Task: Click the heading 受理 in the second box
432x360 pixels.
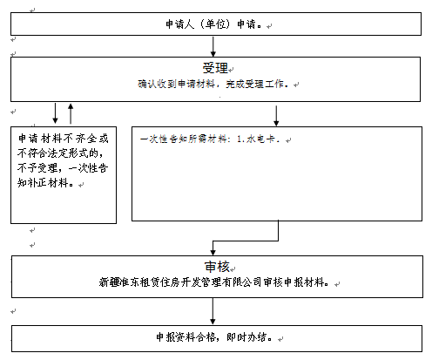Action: [215, 68]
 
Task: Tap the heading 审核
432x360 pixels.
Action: [217, 267]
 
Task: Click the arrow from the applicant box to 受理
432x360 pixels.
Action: [213, 46]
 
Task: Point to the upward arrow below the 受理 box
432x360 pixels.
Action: [71, 113]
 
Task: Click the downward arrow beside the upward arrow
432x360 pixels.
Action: [55, 113]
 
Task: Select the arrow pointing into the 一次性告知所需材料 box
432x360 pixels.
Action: [276, 116]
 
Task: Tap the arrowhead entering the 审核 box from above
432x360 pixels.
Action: [213, 252]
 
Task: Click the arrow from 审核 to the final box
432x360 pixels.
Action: [213, 311]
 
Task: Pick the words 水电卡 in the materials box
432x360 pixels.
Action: [260, 139]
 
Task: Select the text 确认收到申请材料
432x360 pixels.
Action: [176, 84]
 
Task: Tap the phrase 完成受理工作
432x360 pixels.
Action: [254, 84]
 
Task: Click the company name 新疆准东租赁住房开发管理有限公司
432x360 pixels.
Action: [180, 282]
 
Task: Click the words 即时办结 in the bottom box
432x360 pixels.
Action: [246, 337]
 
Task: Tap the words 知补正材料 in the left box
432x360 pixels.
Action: [43, 183]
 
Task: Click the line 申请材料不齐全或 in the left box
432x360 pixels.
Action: [63, 139]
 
